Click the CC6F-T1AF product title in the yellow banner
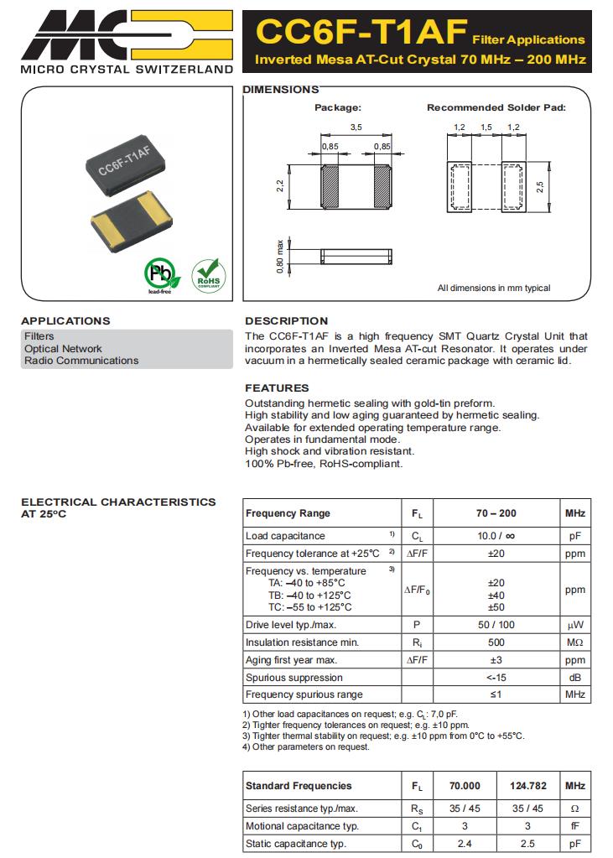(x=361, y=32)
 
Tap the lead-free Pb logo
(x=159, y=274)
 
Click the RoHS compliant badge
(x=208, y=274)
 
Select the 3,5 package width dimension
(x=355, y=127)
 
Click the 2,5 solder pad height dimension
(x=540, y=185)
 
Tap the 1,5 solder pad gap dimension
(x=486, y=127)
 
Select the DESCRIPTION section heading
(x=286, y=320)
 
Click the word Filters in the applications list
(x=39, y=336)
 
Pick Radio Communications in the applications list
(x=81, y=361)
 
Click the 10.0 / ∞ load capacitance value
(x=496, y=536)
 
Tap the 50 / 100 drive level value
(x=496, y=625)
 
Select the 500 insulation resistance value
(x=496, y=642)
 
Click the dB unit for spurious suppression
(x=574, y=677)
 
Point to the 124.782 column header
(x=527, y=786)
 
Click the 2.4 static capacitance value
(x=465, y=844)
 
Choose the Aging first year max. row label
(x=291, y=660)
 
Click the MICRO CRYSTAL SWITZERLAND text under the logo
(x=126, y=69)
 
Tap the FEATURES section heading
(x=277, y=387)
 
